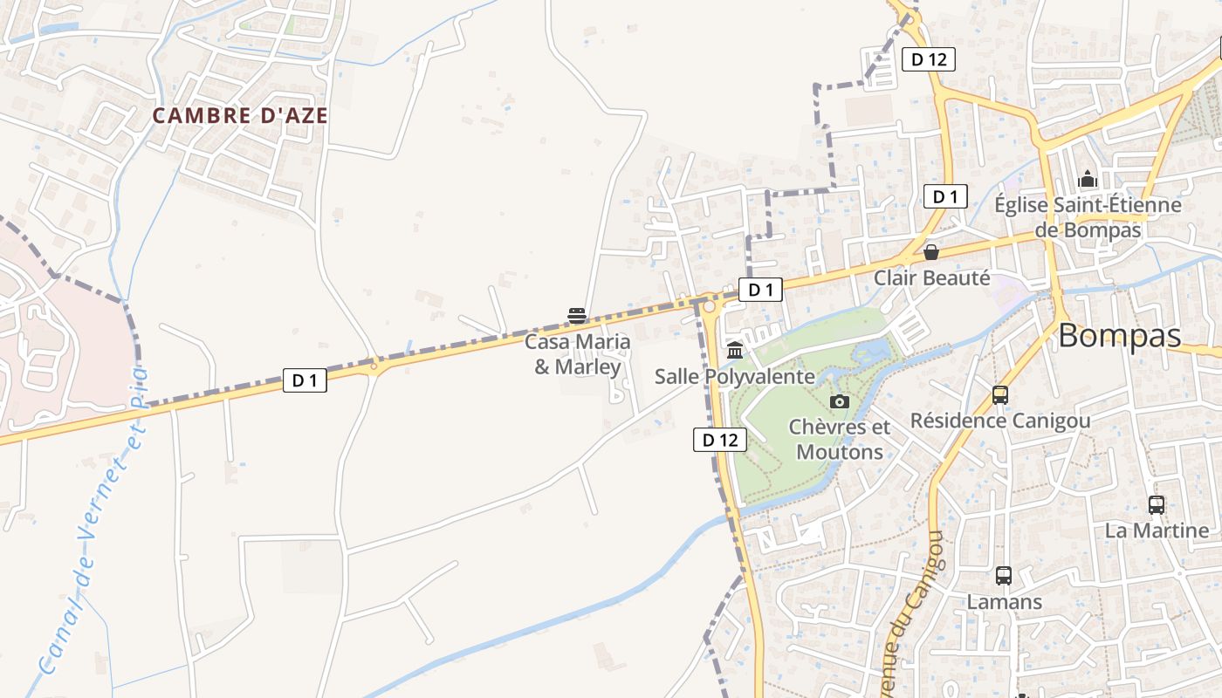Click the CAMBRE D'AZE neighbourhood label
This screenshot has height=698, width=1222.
pyautogui.click(x=240, y=115)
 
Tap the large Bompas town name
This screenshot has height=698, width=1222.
pyautogui.click(x=1120, y=336)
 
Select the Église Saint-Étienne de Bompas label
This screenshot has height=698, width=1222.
pyautogui.click(x=1088, y=217)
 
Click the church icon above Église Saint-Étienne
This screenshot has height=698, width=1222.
pyautogui.click(x=1088, y=180)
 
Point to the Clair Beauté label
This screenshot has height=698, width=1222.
pyautogui.click(x=932, y=277)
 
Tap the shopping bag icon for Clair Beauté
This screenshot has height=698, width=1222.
pyautogui.click(x=931, y=252)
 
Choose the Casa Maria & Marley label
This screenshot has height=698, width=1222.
pyautogui.click(x=577, y=353)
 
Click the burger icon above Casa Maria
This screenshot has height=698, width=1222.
pyautogui.click(x=576, y=315)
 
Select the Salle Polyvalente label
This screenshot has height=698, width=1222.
pyautogui.click(x=734, y=377)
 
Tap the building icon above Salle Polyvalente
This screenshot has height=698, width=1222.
pyautogui.click(x=734, y=351)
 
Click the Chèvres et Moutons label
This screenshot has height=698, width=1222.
pyautogui.click(x=840, y=439)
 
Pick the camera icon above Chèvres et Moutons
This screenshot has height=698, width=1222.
pyautogui.click(x=840, y=401)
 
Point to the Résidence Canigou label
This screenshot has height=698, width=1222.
pyautogui.click(x=1000, y=421)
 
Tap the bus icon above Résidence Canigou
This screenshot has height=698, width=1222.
pyautogui.click(x=1000, y=395)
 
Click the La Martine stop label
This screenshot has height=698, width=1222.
pyautogui.click(x=1157, y=530)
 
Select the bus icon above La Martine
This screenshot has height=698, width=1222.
pyautogui.click(x=1157, y=504)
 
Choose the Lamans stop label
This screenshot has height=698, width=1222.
pyautogui.click(x=1004, y=602)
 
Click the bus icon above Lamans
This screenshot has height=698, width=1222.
pyautogui.click(x=1004, y=576)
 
